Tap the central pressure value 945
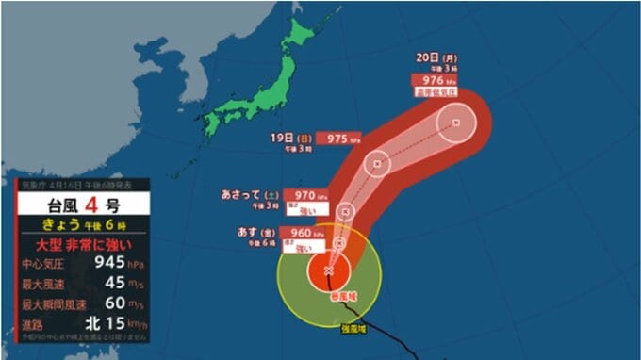point(98,263)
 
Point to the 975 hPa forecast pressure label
point(337,138)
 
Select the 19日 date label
point(281,139)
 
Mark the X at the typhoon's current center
point(328,271)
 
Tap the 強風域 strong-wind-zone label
point(354,328)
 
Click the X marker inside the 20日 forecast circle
point(457,123)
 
